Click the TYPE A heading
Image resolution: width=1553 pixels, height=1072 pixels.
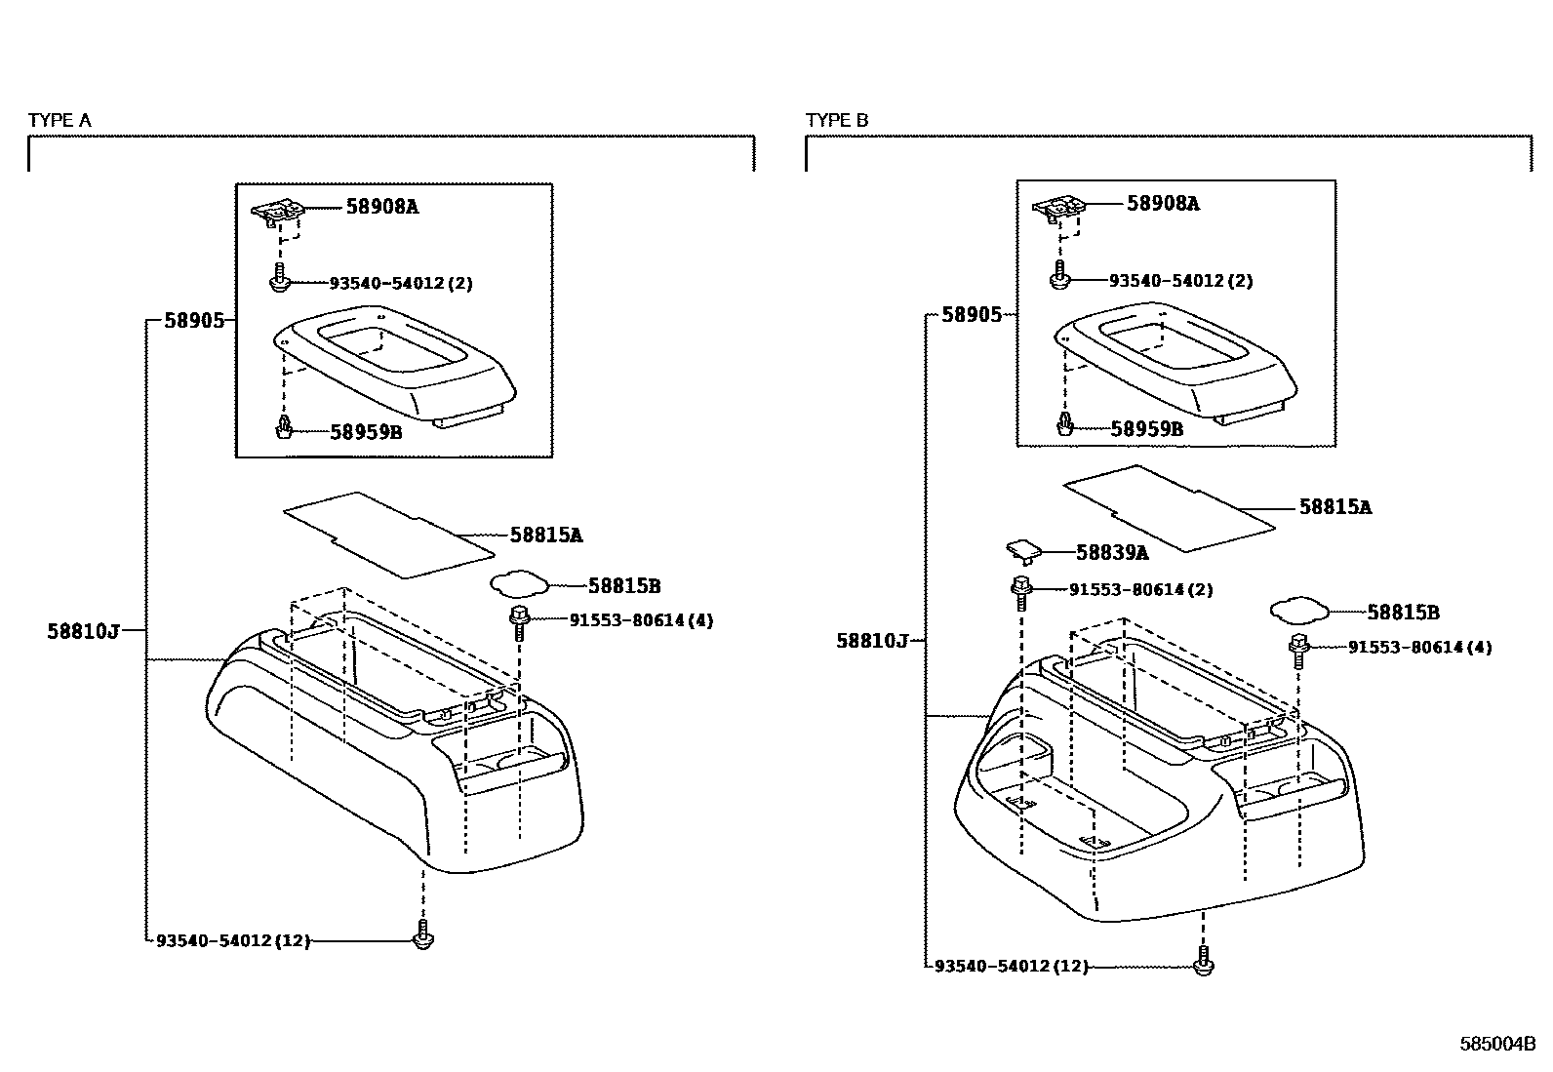pos(60,120)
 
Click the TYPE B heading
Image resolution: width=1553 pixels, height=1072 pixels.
pos(837,120)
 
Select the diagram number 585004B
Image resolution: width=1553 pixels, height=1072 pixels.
pos(1497,1045)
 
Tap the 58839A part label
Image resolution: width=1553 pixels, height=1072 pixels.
pos(1111,553)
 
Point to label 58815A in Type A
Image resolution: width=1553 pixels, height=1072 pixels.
pos(546,535)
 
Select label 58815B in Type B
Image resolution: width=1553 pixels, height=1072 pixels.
pos(1403,613)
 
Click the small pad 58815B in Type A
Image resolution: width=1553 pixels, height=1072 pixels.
pos(517,583)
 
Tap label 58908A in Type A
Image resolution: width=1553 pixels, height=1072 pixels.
pos(381,207)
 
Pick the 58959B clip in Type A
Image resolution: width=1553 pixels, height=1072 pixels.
pos(284,427)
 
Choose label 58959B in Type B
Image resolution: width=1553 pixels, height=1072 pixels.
pos(1146,429)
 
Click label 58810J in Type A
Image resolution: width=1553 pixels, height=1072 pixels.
pos(83,631)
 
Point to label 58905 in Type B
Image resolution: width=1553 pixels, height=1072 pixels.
pos(971,314)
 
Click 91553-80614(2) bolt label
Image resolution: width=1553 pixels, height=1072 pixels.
pos(1140,590)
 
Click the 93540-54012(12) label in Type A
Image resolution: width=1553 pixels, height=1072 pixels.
pos(232,940)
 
